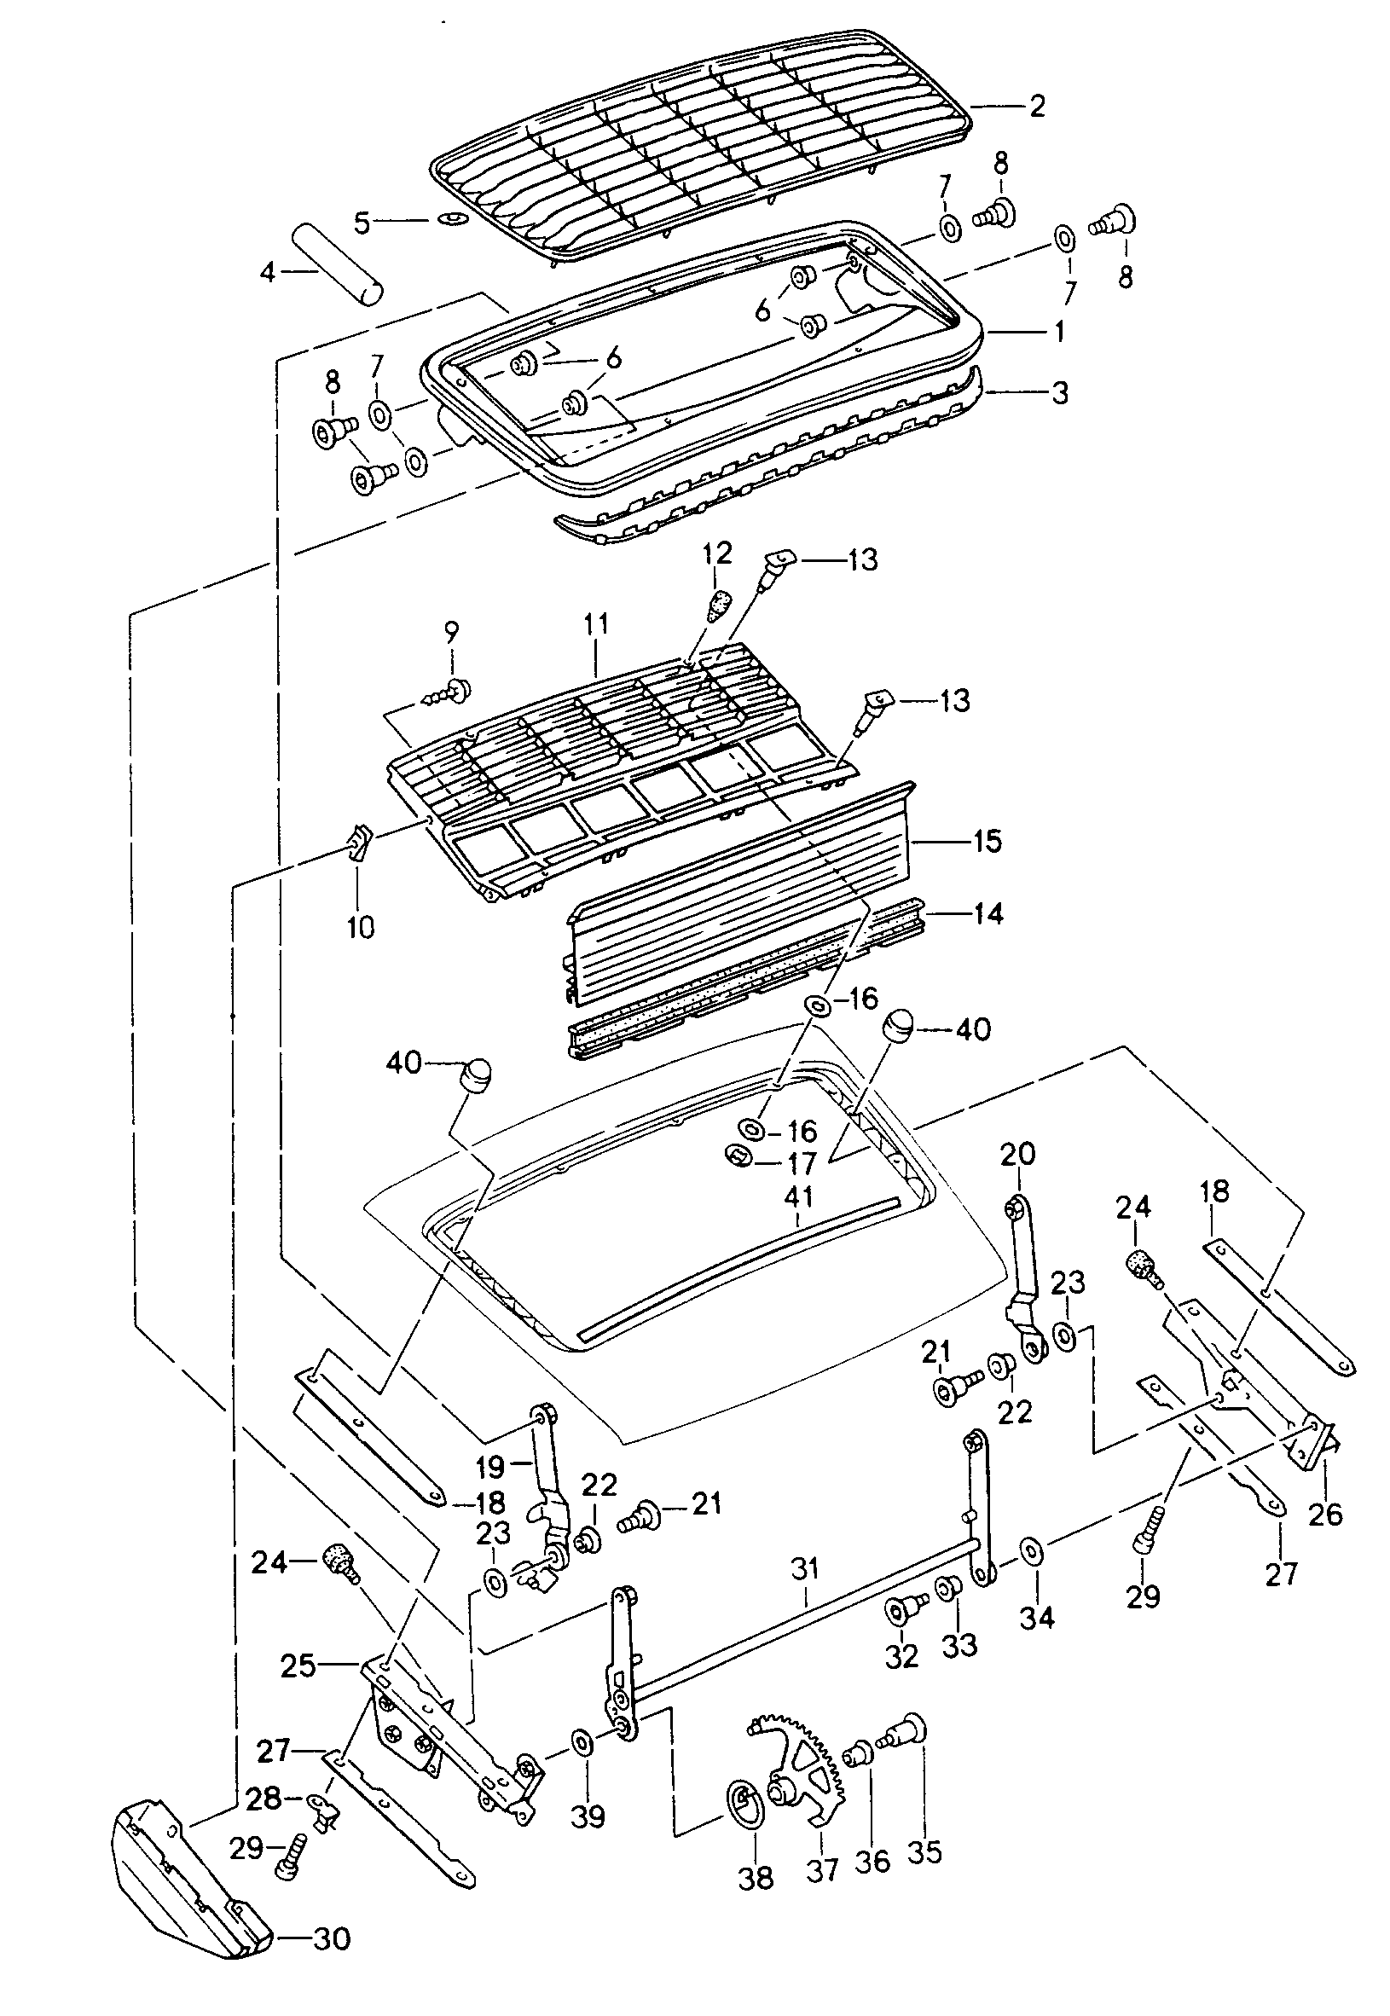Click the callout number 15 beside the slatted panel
pyautogui.click(x=986, y=841)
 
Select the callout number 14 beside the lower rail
pyautogui.click(x=986, y=913)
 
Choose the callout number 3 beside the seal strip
pyautogui.click(x=1059, y=392)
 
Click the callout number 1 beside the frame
pyautogui.click(x=1059, y=332)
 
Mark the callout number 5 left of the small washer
pyautogui.click(x=362, y=223)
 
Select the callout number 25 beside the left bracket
pyautogui.click(x=298, y=1665)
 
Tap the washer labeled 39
pyautogui.click(x=581, y=1744)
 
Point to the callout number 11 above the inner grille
pyautogui.click(x=596, y=624)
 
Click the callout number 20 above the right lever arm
pyautogui.click(x=1017, y=1154)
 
